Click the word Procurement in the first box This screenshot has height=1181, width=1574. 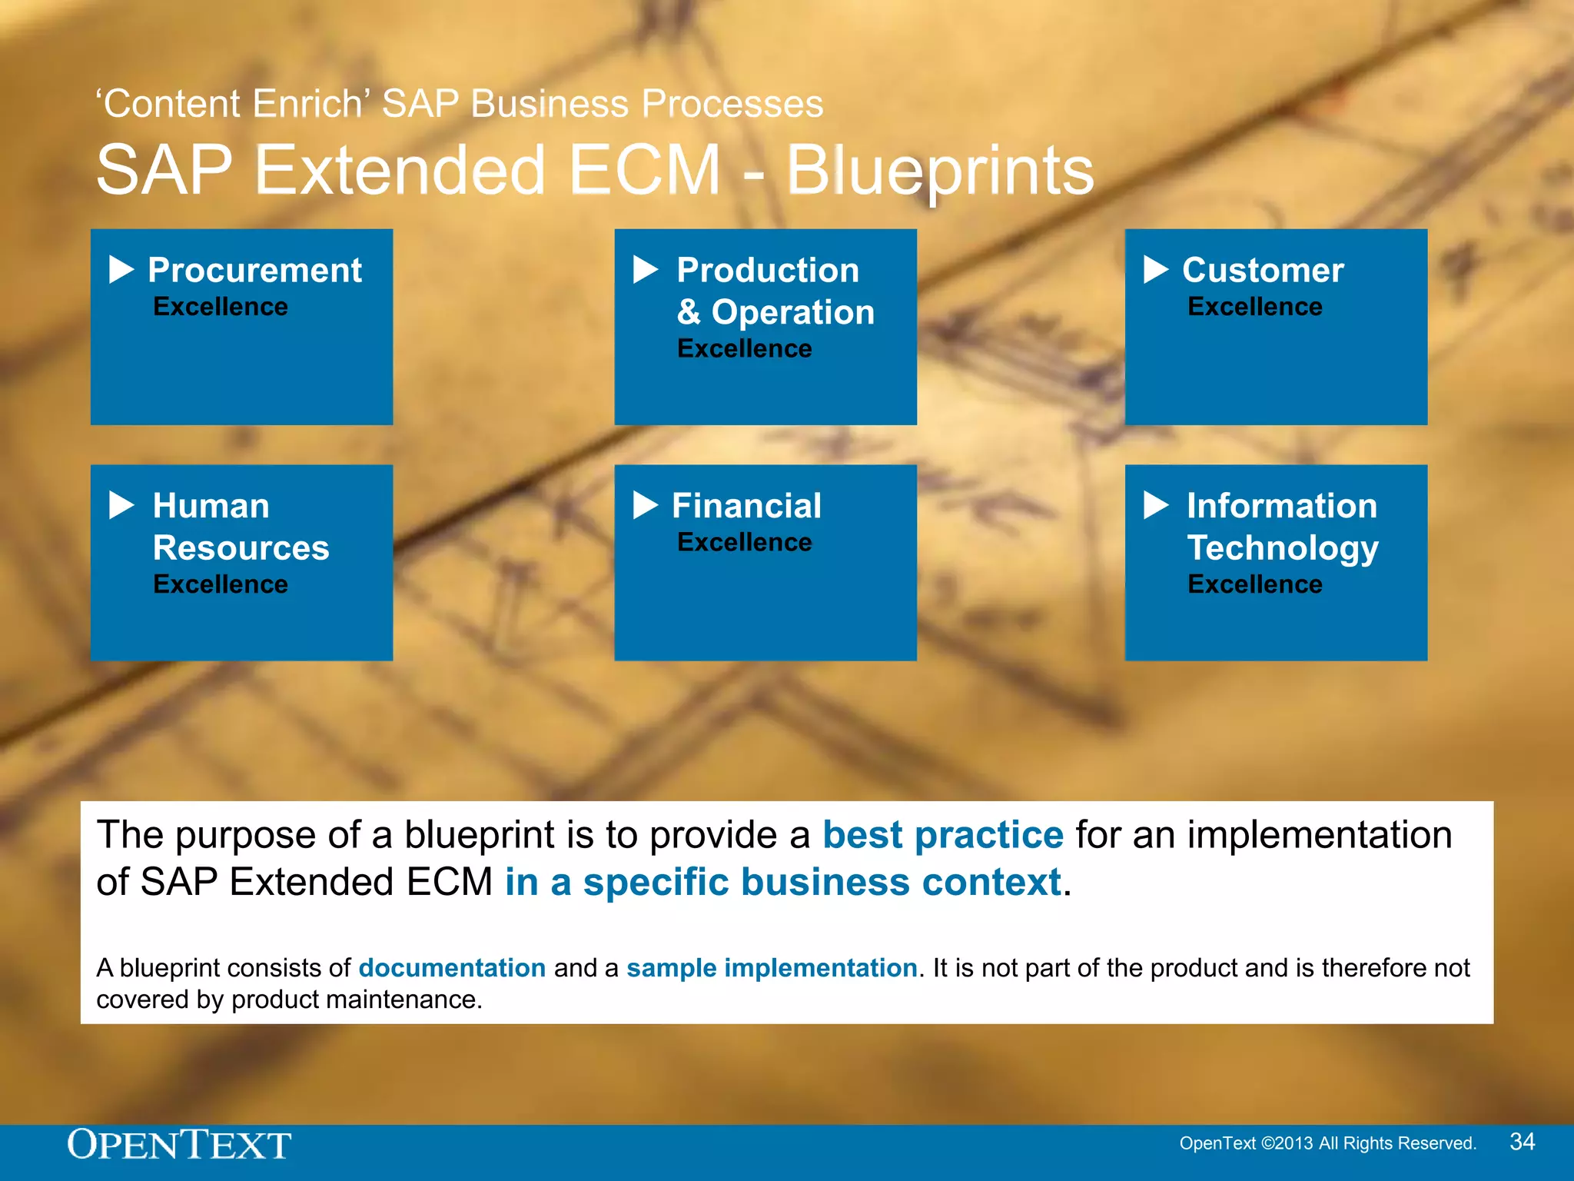(x=254, y=270)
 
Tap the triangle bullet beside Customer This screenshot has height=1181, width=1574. (x=1155, y=270)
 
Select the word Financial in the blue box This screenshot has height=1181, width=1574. (x=746, y=506)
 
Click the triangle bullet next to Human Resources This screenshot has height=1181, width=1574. (x=121, y=506)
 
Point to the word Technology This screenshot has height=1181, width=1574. (x=1283, y=548)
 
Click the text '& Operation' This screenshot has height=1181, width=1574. (x=775, y=312)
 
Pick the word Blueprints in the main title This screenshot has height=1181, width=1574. (x=940, y=170)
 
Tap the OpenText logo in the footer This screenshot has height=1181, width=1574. (x=179, y=1144)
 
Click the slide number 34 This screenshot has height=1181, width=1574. (x=1522, y=1142)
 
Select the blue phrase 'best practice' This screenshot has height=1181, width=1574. (x=943, y=835)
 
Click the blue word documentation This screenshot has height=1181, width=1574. (x=452, y=967)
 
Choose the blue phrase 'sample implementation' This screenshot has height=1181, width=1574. (x=772, y=967)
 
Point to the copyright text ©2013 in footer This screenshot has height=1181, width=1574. (x=1287, y=1143)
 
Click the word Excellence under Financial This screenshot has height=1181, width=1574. (x=744, y=543)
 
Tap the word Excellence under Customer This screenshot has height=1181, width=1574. (x=1254, y=307)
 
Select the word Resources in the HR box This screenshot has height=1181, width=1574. (x=241, y=548)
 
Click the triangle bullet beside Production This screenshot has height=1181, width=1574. (x=646, y=270)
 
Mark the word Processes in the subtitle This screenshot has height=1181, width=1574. (x=732, y=104)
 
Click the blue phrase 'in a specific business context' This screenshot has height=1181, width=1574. (x=783, y=882)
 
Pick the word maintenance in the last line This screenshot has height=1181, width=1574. (x=400, y=1000)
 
